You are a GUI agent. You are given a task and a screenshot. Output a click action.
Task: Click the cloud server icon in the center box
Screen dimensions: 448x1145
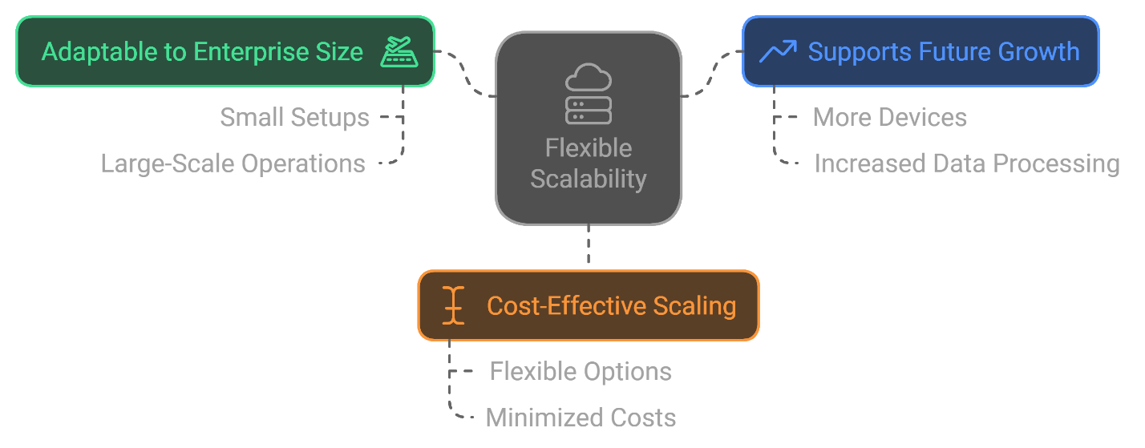tap(589, 95)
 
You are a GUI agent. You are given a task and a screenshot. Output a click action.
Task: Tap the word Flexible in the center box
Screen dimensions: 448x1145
tap(589, 148)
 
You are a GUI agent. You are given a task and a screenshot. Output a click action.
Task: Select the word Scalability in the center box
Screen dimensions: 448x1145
tap(589, 179)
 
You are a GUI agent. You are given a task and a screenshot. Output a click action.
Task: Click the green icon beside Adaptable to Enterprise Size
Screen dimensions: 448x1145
tap(399, 51)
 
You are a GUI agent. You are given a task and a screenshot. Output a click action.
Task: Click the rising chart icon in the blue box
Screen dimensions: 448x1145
tap(777, 52)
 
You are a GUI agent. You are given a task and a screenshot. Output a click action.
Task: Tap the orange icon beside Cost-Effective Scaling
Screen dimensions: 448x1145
tap(454, 305)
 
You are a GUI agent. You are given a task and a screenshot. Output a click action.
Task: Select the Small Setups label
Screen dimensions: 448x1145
tap(294, 118)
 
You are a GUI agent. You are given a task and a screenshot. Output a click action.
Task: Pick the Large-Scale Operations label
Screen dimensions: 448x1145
tap(233, 163)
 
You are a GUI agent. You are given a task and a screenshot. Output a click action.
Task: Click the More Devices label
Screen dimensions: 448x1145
tap(889, 118)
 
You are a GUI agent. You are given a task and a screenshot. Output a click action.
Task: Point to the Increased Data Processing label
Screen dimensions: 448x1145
tap(967, 163)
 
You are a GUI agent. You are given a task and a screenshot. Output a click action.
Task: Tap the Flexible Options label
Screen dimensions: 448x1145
tap(581, 372)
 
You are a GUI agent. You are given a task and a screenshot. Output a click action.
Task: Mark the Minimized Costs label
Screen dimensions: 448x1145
tap(581, 418)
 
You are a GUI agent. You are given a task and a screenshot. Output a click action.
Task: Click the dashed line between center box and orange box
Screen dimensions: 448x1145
tap(589, 247)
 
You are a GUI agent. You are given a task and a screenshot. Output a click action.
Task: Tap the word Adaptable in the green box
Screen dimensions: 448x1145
tap(88, 52)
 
